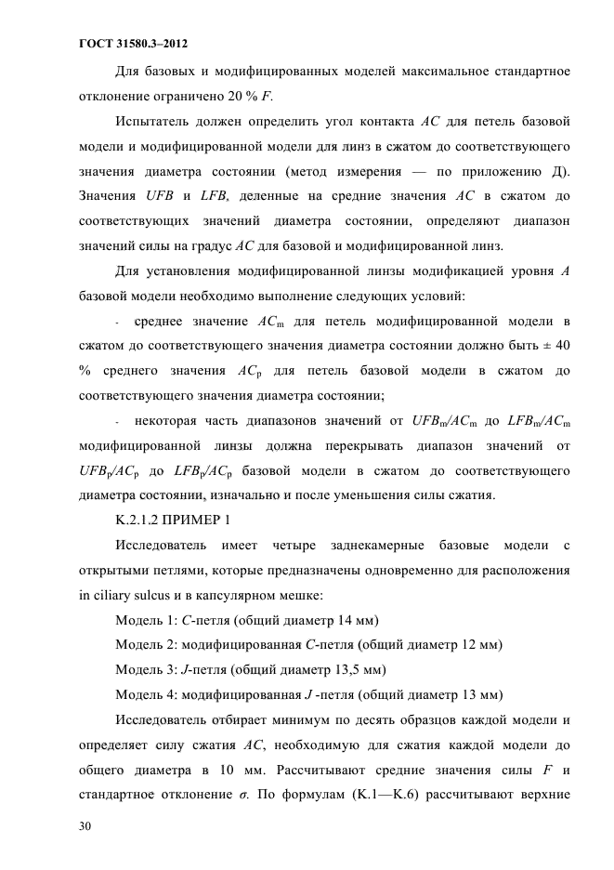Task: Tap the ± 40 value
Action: (556, 347)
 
